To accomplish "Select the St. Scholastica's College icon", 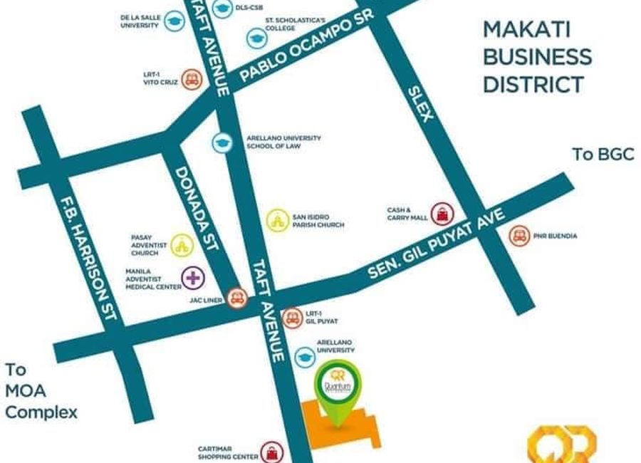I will pos(254,38).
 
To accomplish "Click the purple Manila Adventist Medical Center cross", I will pos(192,277).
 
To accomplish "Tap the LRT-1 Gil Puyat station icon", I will pos(291,318).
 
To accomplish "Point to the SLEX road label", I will pos(420,103).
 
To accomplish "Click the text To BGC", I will pos(603,155).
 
